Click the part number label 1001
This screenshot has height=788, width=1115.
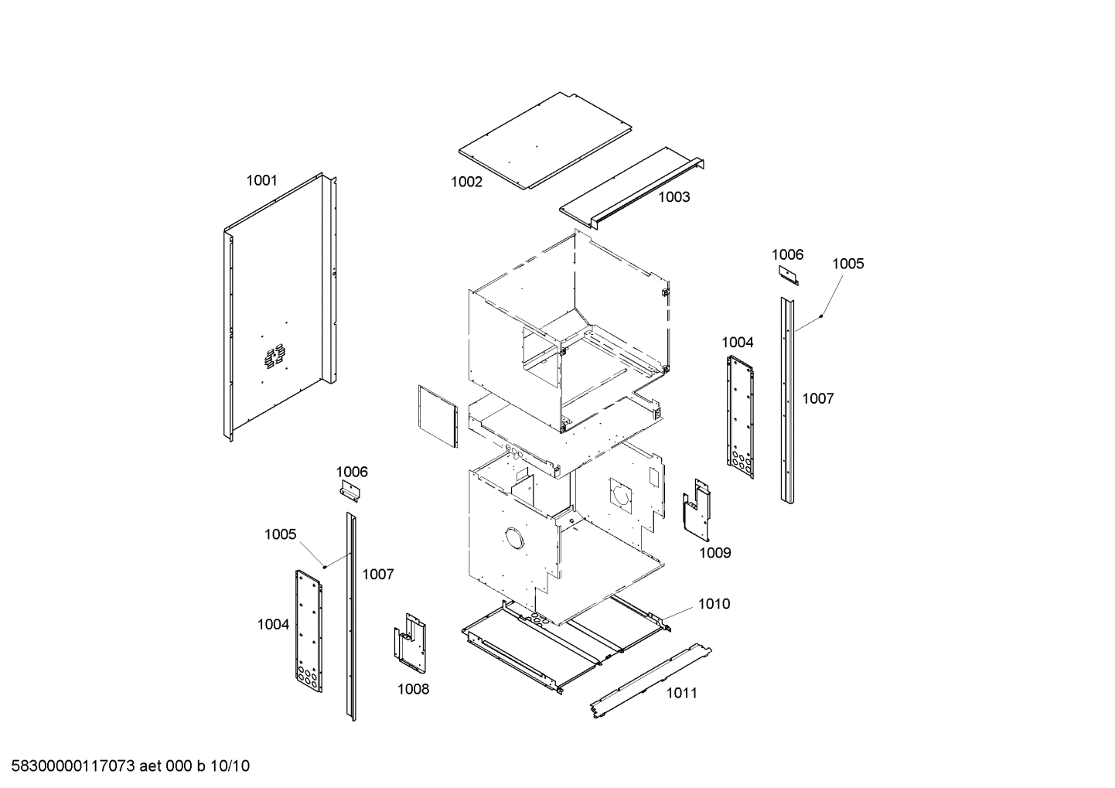tap(261, 181)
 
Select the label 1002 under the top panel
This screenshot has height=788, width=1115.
tap(466, 182)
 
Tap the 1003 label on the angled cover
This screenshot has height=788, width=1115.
tap(673, 197)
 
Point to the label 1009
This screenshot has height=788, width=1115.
tap(714, 553)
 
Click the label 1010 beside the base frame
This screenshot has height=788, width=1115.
tap(714, 604)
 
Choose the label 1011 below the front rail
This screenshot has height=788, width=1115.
tap(681, 693)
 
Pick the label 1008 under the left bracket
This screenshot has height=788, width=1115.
tap(413, 689)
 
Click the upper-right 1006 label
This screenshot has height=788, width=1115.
tap(787, 254)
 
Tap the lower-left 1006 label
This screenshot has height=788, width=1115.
tap(352, 472)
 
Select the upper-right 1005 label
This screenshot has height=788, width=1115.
tap(847, 264)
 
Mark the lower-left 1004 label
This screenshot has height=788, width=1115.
tap(273, 625)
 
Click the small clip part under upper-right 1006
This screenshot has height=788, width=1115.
tap(789, 275)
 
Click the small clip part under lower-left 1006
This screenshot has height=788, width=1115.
tap(350, 490)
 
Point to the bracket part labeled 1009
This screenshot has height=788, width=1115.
tap(697, 511)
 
